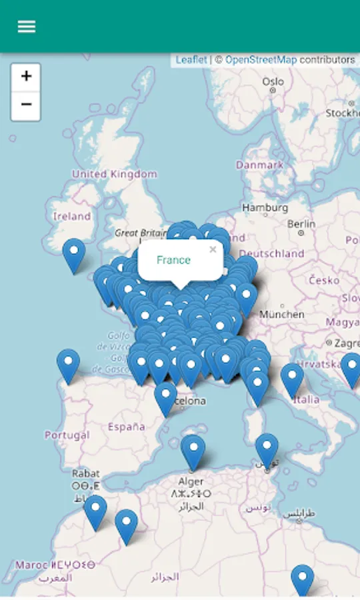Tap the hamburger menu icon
tap(27, 27)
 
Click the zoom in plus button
tap(26, 77)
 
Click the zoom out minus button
tap(26, 105)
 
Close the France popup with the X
tap(213, 250)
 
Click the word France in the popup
tap(173, 260)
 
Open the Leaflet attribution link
tap(191, 60)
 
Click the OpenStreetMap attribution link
tap(261, 60)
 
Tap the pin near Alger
tap(193, 451)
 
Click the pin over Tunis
tap(267, 449)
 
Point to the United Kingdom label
tap(115, 174)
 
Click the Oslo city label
tap(273, 81)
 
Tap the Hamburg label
tap(265, 208)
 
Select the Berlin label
tap(301, 224)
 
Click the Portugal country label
tap(67, 435)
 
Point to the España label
tap(126, 427)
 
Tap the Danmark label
tap(259, 165)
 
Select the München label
tap(282, 314)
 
